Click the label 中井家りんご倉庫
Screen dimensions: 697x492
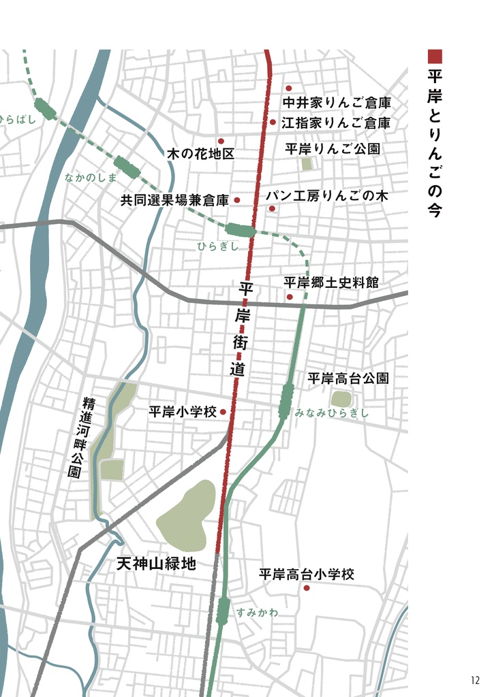(x=336, y=103)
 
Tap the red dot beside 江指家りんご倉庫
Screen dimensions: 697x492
(x=273, y=123)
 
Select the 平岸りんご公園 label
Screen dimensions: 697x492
(x=332, y=148)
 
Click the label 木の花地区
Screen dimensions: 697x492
(x=200, y=154)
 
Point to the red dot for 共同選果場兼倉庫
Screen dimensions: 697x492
(x=237, y=200)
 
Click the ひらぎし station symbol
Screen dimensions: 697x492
(x=241, y=230)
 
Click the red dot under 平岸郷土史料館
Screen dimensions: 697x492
(x=290, y=297)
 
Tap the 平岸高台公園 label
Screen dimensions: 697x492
(x=348, y=378)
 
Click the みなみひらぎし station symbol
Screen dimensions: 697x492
(x=286, y=400)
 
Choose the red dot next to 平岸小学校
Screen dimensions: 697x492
(x=223, y=412)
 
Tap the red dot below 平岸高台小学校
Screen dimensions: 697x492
(x=307, y=587)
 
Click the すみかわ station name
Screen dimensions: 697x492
(x=258, y=612)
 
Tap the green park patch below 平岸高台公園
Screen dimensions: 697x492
(x=341, y=399)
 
